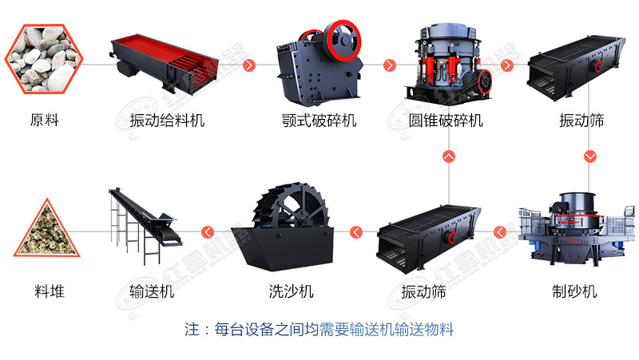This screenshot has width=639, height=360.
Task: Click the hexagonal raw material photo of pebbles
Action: coord(44,59)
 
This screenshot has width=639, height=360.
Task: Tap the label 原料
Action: coord(45,121)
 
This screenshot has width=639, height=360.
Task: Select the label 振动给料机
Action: coord(167,121)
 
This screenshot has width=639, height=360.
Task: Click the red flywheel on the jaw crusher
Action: coord(343,40)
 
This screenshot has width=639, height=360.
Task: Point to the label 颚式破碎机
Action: coord(319,121)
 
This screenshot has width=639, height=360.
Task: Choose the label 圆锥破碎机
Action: coord(446,121)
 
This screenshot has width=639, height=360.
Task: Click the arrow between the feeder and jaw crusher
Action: coord(249,65)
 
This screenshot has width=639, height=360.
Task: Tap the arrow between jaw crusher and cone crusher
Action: coord(390,65)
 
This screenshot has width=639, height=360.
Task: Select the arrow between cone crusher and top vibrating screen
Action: coord(507,65)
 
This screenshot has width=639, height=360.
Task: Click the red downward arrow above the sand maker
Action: coord(590,156)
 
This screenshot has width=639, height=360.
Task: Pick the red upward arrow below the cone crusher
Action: coord(449,156)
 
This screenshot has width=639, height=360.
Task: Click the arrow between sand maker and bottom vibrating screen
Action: coord(500,232)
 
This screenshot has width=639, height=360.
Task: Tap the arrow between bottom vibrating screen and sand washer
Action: coord(356,232)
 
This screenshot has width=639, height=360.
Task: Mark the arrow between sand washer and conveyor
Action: coord(208,232)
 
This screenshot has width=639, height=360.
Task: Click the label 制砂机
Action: coord(574,291)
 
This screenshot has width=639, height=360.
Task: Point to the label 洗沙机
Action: coord(291,291)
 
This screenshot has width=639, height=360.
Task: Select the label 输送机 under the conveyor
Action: coord(152,291)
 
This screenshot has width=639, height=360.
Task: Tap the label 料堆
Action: coord(50,291)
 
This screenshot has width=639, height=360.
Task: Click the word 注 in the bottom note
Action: coord(192,330)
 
